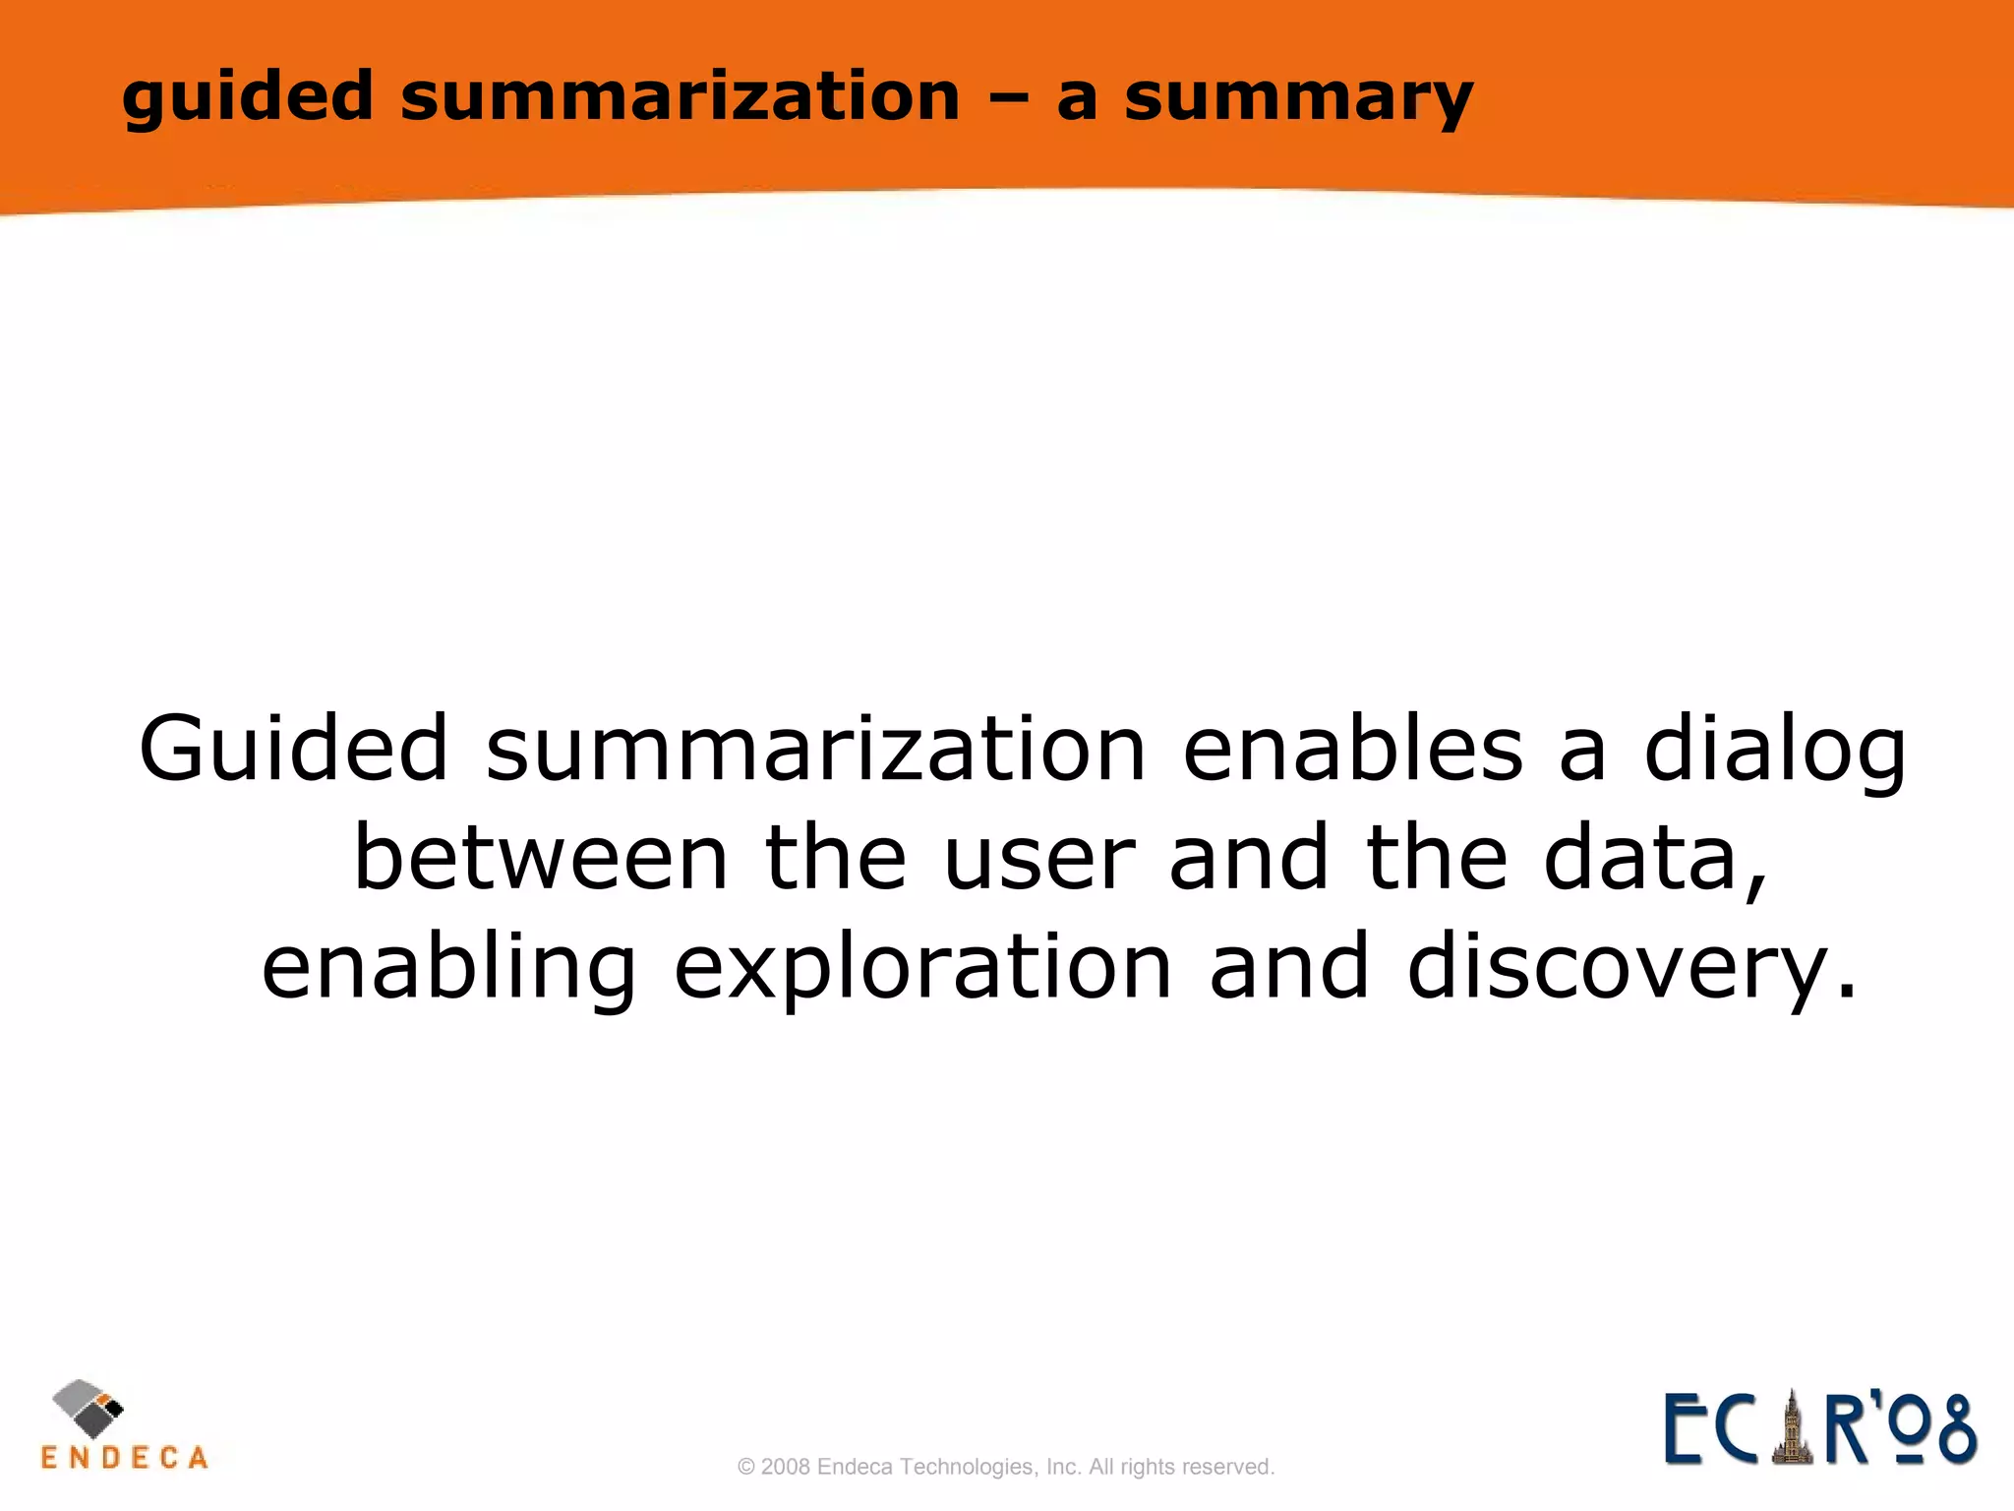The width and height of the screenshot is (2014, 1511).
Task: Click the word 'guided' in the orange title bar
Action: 247,97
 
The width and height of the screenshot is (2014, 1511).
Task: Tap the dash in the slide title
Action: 1007,98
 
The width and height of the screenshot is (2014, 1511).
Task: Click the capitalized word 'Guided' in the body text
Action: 294,750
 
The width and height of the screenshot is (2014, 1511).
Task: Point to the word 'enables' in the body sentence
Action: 1352,750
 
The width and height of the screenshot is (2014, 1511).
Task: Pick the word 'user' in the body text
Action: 1038,860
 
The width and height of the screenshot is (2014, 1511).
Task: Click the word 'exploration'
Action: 922,970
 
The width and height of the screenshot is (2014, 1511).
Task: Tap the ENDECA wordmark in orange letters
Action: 125,1457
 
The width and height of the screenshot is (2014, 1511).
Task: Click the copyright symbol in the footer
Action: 746,1468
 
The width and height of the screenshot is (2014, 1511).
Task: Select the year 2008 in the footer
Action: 786,1468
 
